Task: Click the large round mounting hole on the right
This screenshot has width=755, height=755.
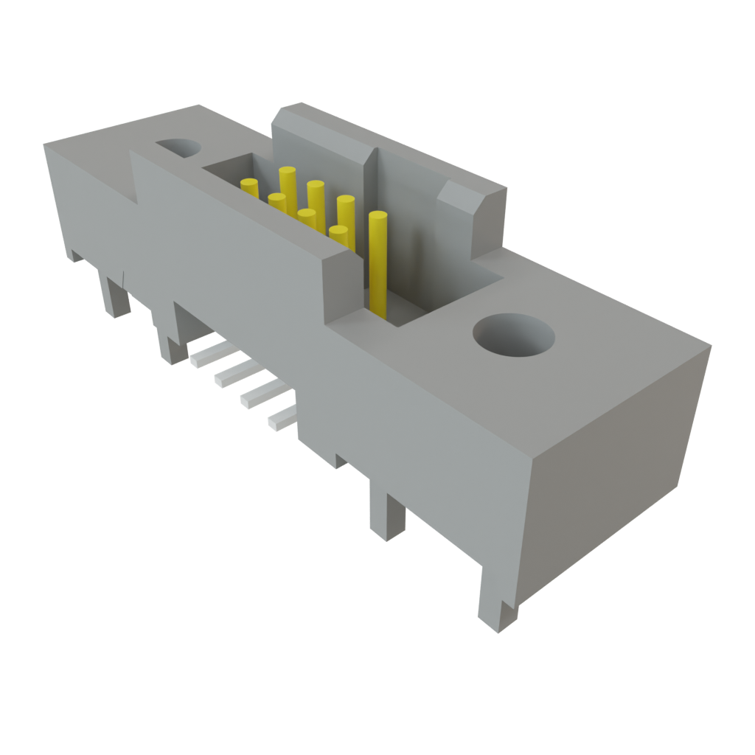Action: click(x=513, y=336)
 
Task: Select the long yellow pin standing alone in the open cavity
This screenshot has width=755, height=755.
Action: click(x=377, y=262)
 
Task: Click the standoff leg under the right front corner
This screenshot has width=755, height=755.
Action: click(x=496, y=601)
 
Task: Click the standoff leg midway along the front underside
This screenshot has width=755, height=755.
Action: click(x=386, y=516)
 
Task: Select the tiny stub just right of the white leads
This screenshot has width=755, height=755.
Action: click(x=340, y=462)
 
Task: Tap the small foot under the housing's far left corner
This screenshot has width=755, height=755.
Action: click(x=76, y=256)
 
